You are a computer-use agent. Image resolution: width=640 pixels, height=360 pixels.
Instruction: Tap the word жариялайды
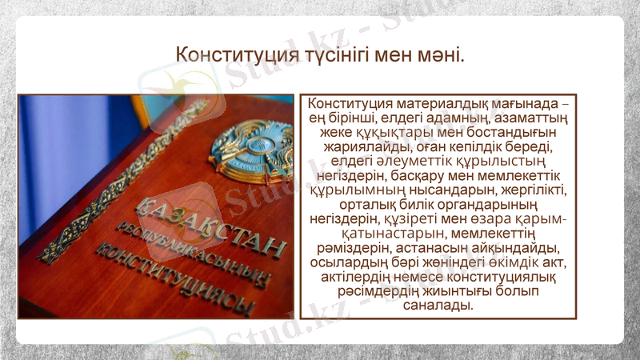(x=367, y=149)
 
